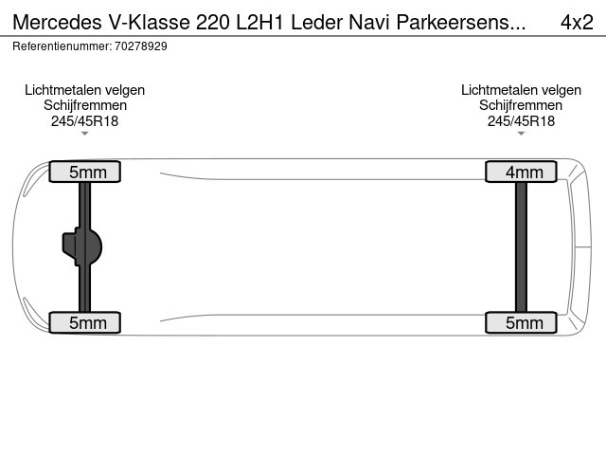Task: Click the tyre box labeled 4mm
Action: (x=521, y=172)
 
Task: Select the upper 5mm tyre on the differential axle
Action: (x=84, y=172)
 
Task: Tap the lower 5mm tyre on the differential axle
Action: (x=84, y=322)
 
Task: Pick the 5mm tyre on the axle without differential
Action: (x=521, y=322)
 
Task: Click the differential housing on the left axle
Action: (x=82, y=246)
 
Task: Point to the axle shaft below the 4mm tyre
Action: (x=521, y=246)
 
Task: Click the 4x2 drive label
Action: (x=577, y=22)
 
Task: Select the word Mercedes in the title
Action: (x=58, y=22)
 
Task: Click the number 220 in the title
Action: (x=213, y=22)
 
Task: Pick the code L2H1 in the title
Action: (x=259, y=22)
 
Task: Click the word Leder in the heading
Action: (x=317, y=22)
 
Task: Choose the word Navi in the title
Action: (x=369, y=22)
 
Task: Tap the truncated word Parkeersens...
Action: (x=461, y=22)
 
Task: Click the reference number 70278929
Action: (x=141, y=46)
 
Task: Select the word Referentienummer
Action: (x=62, y=46)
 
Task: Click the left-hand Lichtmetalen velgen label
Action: (x=84, y=90)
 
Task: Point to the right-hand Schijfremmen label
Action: (x=521, y=105)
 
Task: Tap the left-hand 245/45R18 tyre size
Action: (x=84, y=121)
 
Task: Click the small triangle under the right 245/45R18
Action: (x=521, y=134)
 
